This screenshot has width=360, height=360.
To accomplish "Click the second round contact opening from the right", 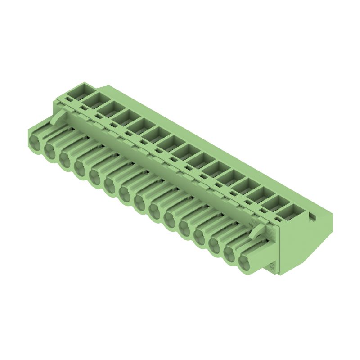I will point(231,255).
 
